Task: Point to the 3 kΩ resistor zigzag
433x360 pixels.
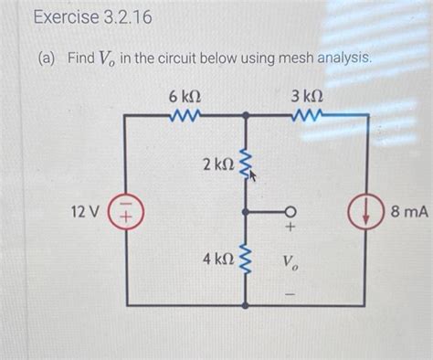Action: point(304,116)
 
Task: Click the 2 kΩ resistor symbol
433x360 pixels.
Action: point(245,164)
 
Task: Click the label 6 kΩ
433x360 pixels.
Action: point(185,96)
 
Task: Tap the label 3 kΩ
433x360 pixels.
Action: point(307,96)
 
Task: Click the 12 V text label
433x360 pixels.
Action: point(84,213)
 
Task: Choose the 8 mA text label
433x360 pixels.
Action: point(408,213)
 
